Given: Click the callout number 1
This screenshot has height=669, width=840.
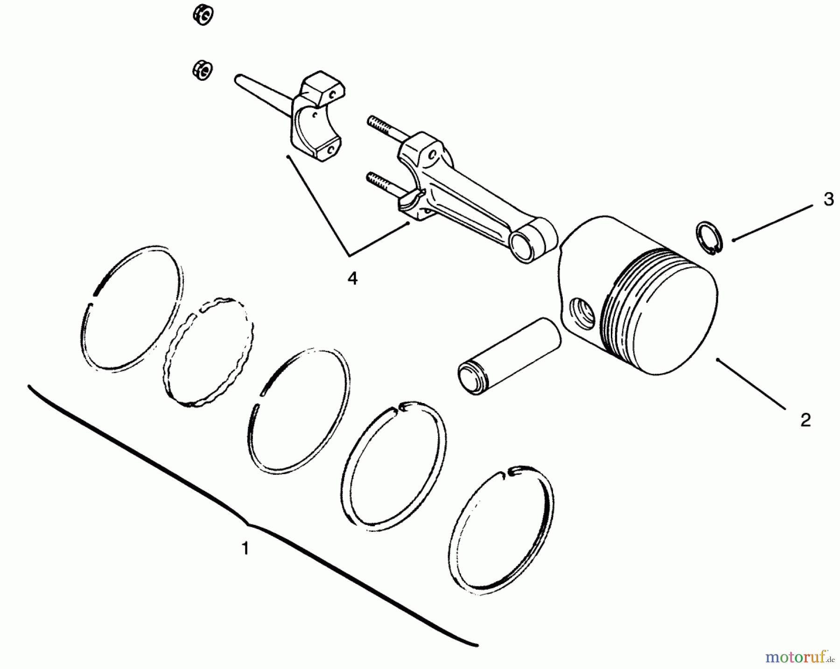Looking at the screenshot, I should [245, 548].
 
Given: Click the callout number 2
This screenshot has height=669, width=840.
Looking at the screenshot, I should [805, 420].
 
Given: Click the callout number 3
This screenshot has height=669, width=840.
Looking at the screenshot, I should [828, 200].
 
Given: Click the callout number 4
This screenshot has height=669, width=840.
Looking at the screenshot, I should [352, 279].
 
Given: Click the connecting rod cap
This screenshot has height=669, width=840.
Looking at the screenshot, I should [317, 117].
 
